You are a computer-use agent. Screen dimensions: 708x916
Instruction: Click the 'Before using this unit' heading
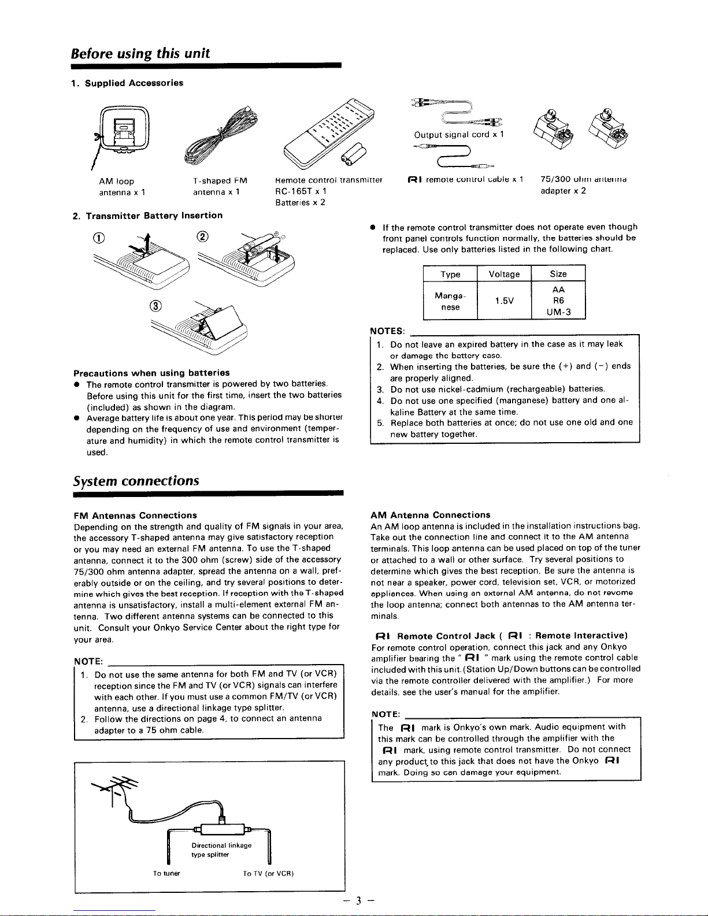tap(140, 54)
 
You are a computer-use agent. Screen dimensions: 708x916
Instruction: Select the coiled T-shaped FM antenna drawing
tap(221, 135)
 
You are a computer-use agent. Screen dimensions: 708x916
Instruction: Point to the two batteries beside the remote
tap(354, 155)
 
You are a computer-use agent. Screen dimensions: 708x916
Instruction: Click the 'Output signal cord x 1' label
tap(459, 135)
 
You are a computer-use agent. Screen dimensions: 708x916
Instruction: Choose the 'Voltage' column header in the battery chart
tap(504, 274)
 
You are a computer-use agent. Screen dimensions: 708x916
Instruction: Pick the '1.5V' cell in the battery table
tap(504, 301)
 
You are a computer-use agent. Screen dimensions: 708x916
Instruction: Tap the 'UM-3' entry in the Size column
tap(558, 312)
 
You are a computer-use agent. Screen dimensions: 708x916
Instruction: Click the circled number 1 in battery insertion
tap(99, 238)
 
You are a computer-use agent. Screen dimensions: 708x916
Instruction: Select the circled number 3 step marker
tap(155, 306)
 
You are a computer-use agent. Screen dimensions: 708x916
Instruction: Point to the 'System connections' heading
tap(136, 481)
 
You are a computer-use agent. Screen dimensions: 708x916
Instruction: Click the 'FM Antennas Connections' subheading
tap(135, 515)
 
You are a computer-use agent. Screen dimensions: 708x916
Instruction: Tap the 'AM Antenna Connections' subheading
tap(430, 515)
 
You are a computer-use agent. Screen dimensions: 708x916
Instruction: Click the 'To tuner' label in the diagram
tap(166, 873)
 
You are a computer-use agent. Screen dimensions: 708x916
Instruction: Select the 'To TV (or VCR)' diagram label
tap(268, 873)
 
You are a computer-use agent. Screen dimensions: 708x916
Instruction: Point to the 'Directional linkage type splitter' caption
tap(221, 850)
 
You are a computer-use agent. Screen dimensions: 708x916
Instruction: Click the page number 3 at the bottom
tap(359, 900)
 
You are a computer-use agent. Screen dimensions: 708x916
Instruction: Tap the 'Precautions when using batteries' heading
tap(151, 373)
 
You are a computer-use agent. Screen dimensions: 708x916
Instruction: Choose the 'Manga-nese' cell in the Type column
tap(450, 301)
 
